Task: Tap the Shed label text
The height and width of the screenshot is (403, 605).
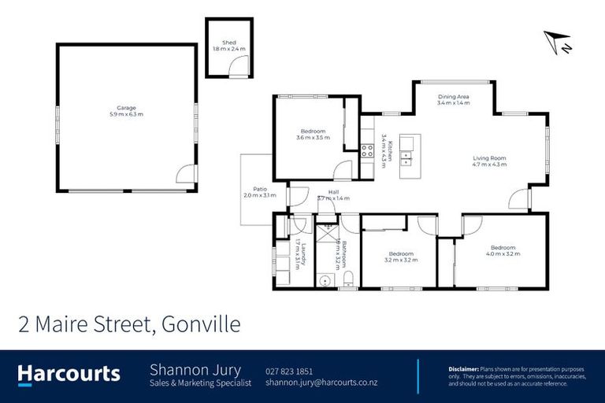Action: click(229, 43)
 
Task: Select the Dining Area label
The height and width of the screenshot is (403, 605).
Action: click(453, 96)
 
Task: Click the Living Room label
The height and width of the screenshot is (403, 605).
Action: click(488, 158)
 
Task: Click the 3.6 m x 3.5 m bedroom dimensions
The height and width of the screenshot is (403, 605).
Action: click(313, 138)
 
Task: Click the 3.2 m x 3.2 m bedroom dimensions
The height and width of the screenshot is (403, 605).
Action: click(400, 260)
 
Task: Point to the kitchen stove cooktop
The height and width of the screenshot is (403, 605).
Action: click(367, 150)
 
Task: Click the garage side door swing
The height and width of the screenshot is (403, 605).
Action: click(185, 175)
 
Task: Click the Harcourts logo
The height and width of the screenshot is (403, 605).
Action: click(69, 373)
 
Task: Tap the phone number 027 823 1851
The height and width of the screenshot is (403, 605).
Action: click(290, 371)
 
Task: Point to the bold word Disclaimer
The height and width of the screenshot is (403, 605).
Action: click(463, 368)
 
